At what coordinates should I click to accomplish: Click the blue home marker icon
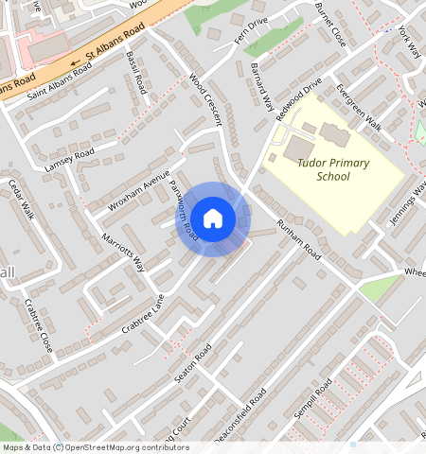(214, 218)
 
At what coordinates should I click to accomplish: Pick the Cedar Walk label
(21, 198)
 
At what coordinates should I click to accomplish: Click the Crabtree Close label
(39, 326)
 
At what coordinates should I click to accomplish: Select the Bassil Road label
(136, 73)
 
